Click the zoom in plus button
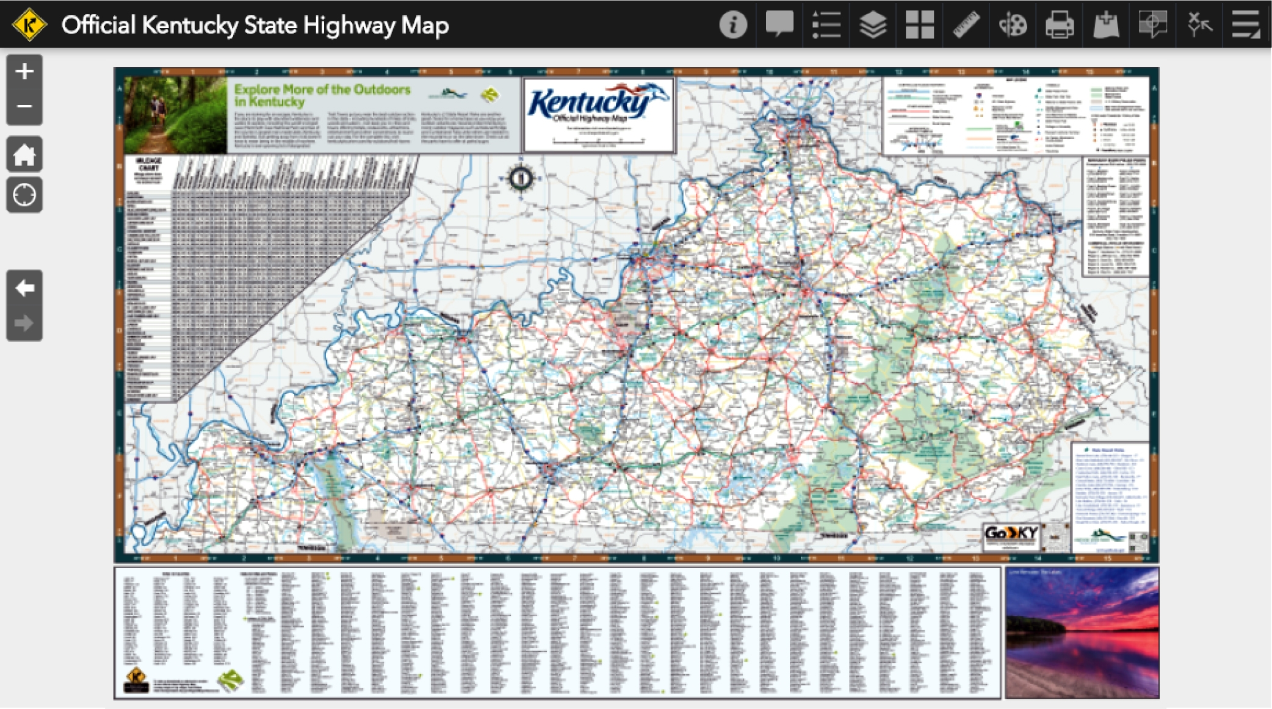pos(24,72)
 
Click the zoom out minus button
pos(24,107)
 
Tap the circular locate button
pos(24,195)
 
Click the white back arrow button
pos(24,288)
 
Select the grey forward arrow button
pos(24,323)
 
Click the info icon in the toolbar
pos(732,25)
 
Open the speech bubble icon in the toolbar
pos(779,25)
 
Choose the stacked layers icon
pos(873,25)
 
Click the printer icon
pos(1059,25)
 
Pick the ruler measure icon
pos(966,25)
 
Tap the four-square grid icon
pos(919,25)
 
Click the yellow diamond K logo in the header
pos(29,25)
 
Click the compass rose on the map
pos(521,178)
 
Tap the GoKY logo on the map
pos(1011,533)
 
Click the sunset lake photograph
pos(1082,633)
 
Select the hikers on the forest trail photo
pos(175,114)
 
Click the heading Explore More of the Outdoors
pos(322,95)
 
